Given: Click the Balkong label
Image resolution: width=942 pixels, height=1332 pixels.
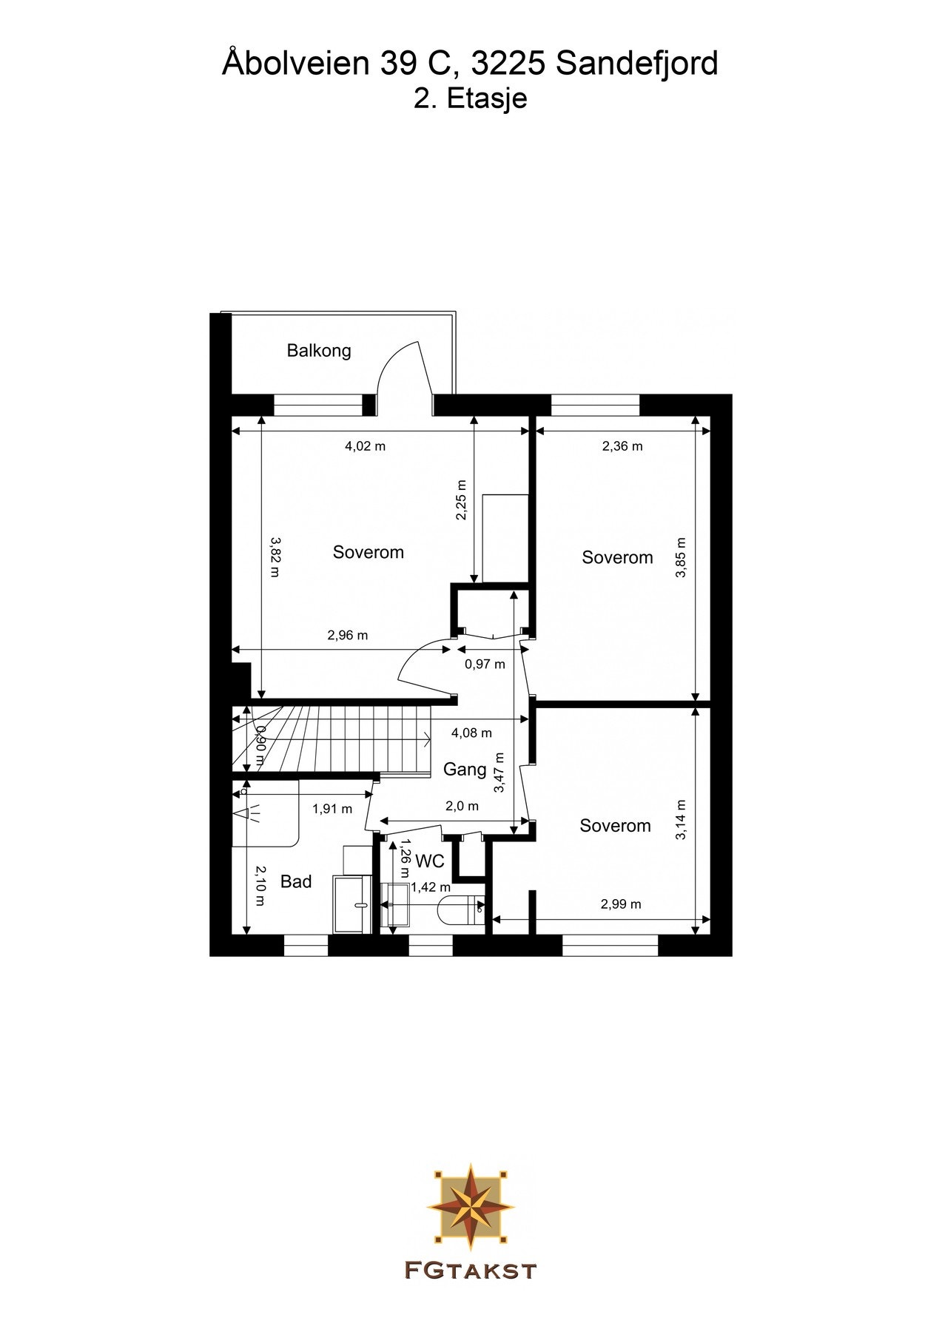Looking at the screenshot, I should click(x=319, y=351).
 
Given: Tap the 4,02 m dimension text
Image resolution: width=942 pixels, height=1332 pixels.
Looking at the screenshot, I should click(x=366, y=446).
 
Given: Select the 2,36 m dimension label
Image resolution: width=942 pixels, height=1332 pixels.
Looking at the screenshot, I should click(x=622, y=446).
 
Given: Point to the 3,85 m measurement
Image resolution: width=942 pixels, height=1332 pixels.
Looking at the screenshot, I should click(x=682, y=557).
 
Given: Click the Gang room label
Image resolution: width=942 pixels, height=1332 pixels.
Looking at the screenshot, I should click(x=465, y=770).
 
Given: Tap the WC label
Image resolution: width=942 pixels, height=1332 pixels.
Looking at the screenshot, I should click(x=430, y=861).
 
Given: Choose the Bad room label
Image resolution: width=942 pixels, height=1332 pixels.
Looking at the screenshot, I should click(x=296, y=881).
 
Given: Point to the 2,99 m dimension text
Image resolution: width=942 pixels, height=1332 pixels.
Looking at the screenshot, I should click(x=621, y=904).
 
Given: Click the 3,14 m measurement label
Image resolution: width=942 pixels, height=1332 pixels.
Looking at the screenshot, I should click(x=682, y=820).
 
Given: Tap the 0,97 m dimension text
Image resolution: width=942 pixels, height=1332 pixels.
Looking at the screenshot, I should click(x=485, y=665).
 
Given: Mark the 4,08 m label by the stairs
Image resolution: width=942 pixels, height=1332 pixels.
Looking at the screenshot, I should click(x=471, y=733).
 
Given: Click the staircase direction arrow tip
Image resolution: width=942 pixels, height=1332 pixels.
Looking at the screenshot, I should click(x=430, y=739).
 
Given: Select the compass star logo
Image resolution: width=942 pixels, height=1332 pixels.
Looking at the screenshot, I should click(x=471, y=1205).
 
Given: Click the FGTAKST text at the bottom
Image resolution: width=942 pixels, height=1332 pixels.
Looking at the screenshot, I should click(x=471, y=1271).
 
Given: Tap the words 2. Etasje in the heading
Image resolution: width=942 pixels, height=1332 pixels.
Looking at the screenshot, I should click(x=471, y=98).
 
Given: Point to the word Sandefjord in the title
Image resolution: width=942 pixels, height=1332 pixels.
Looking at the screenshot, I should click(x=637, y=64).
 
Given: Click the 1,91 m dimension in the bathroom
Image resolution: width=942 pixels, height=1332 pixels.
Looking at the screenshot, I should click(x=332, y=809).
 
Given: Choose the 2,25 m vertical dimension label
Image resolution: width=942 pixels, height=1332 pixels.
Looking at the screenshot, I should click(x=462, y=500).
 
